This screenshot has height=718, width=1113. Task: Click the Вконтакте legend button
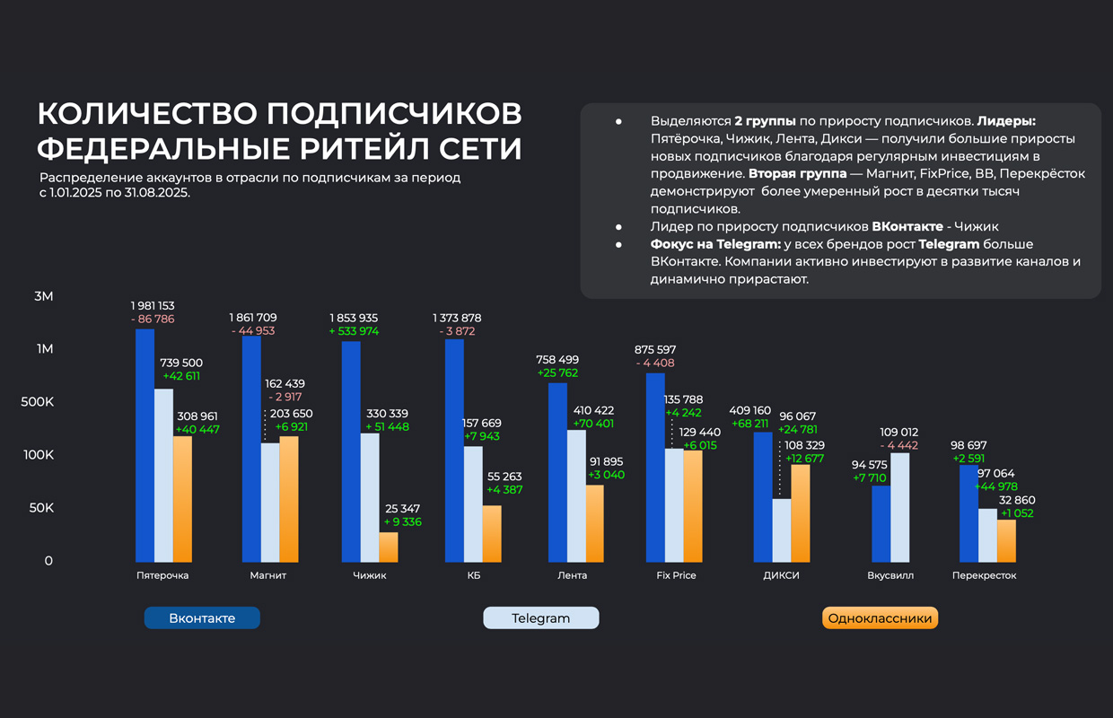(x=202, y=618)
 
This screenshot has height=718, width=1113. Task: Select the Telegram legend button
(x=540, y=618)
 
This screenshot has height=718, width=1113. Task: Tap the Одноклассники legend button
(x=880, y=618)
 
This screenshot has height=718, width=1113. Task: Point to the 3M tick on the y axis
(x=43, y=296)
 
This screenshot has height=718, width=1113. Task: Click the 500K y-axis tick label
(x=38, y=402)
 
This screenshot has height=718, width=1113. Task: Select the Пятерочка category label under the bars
(x=162, y=575)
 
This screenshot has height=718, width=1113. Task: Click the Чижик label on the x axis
(x=370, y=575)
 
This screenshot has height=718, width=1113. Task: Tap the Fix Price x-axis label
(x=676, y=575)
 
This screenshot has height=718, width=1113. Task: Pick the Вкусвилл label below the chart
(x=890, y=575)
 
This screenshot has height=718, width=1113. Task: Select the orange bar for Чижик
(x=388, y=547)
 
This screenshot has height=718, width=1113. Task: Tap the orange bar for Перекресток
(x=1006, y=540)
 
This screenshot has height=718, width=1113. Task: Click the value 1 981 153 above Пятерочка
(x=153, y=306)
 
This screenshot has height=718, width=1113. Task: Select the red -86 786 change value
(x=153, y=320)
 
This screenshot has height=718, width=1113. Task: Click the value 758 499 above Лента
(x=556, y=360)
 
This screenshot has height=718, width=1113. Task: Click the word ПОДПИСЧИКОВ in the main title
(x=394, y=114)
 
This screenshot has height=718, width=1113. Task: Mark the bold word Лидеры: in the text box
(x=1006, y=121)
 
